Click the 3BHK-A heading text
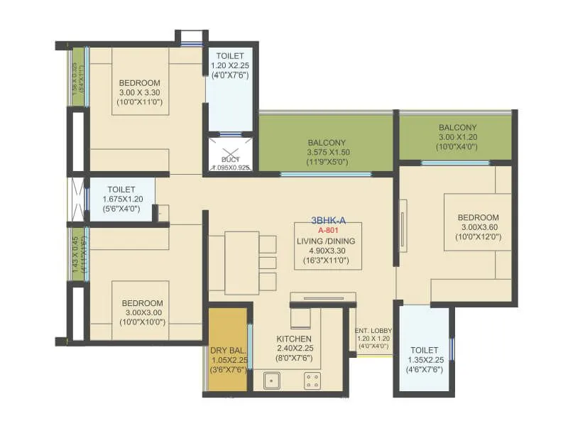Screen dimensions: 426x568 [327, 220]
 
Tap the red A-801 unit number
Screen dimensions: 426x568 [327, 231]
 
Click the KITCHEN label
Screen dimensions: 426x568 [294, 338]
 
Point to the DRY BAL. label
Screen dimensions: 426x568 [227, 349]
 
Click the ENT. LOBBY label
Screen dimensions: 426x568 [373, 330]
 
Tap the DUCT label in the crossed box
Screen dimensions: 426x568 [230, 160]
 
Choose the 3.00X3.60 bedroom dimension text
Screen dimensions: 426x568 [478, 227]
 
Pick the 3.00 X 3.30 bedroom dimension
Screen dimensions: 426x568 [139, 92]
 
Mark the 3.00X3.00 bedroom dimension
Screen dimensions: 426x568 [142, 312]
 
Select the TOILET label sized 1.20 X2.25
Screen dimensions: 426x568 [229, 56]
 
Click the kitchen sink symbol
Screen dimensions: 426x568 [272, 381]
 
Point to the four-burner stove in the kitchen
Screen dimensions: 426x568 [312, 381]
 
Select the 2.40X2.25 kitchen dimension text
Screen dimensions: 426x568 [294, 348]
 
